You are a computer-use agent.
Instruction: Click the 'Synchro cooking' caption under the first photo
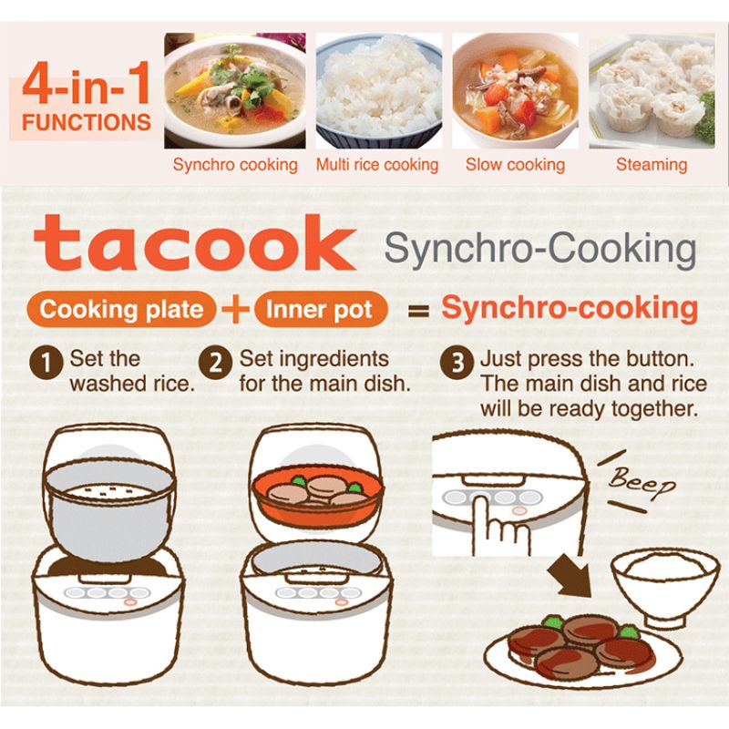tap(235, 165)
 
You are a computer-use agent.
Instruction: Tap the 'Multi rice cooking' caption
tap(377, 165)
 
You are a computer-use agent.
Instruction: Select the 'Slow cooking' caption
tap(515, 165)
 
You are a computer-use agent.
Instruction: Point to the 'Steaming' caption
tap(652, 165)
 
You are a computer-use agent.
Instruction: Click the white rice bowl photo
tap(379, 90)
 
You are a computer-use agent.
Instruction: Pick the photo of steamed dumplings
tap(652, 90)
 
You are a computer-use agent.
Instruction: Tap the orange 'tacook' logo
tap(194, 242)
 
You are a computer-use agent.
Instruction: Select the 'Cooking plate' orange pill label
tap(121, 310)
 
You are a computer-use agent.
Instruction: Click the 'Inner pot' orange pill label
tap(320, 310)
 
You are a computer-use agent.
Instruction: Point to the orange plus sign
tap(235, 310)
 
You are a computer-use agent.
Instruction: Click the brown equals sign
tap(418, 311)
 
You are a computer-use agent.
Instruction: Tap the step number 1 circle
tap(46, 362)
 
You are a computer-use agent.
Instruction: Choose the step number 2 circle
tap(215, 362)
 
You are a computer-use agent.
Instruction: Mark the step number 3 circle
tap(457, 362)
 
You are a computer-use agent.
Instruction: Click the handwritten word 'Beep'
tap(642, 482)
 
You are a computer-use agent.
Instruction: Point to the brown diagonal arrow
tap(570, 576)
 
